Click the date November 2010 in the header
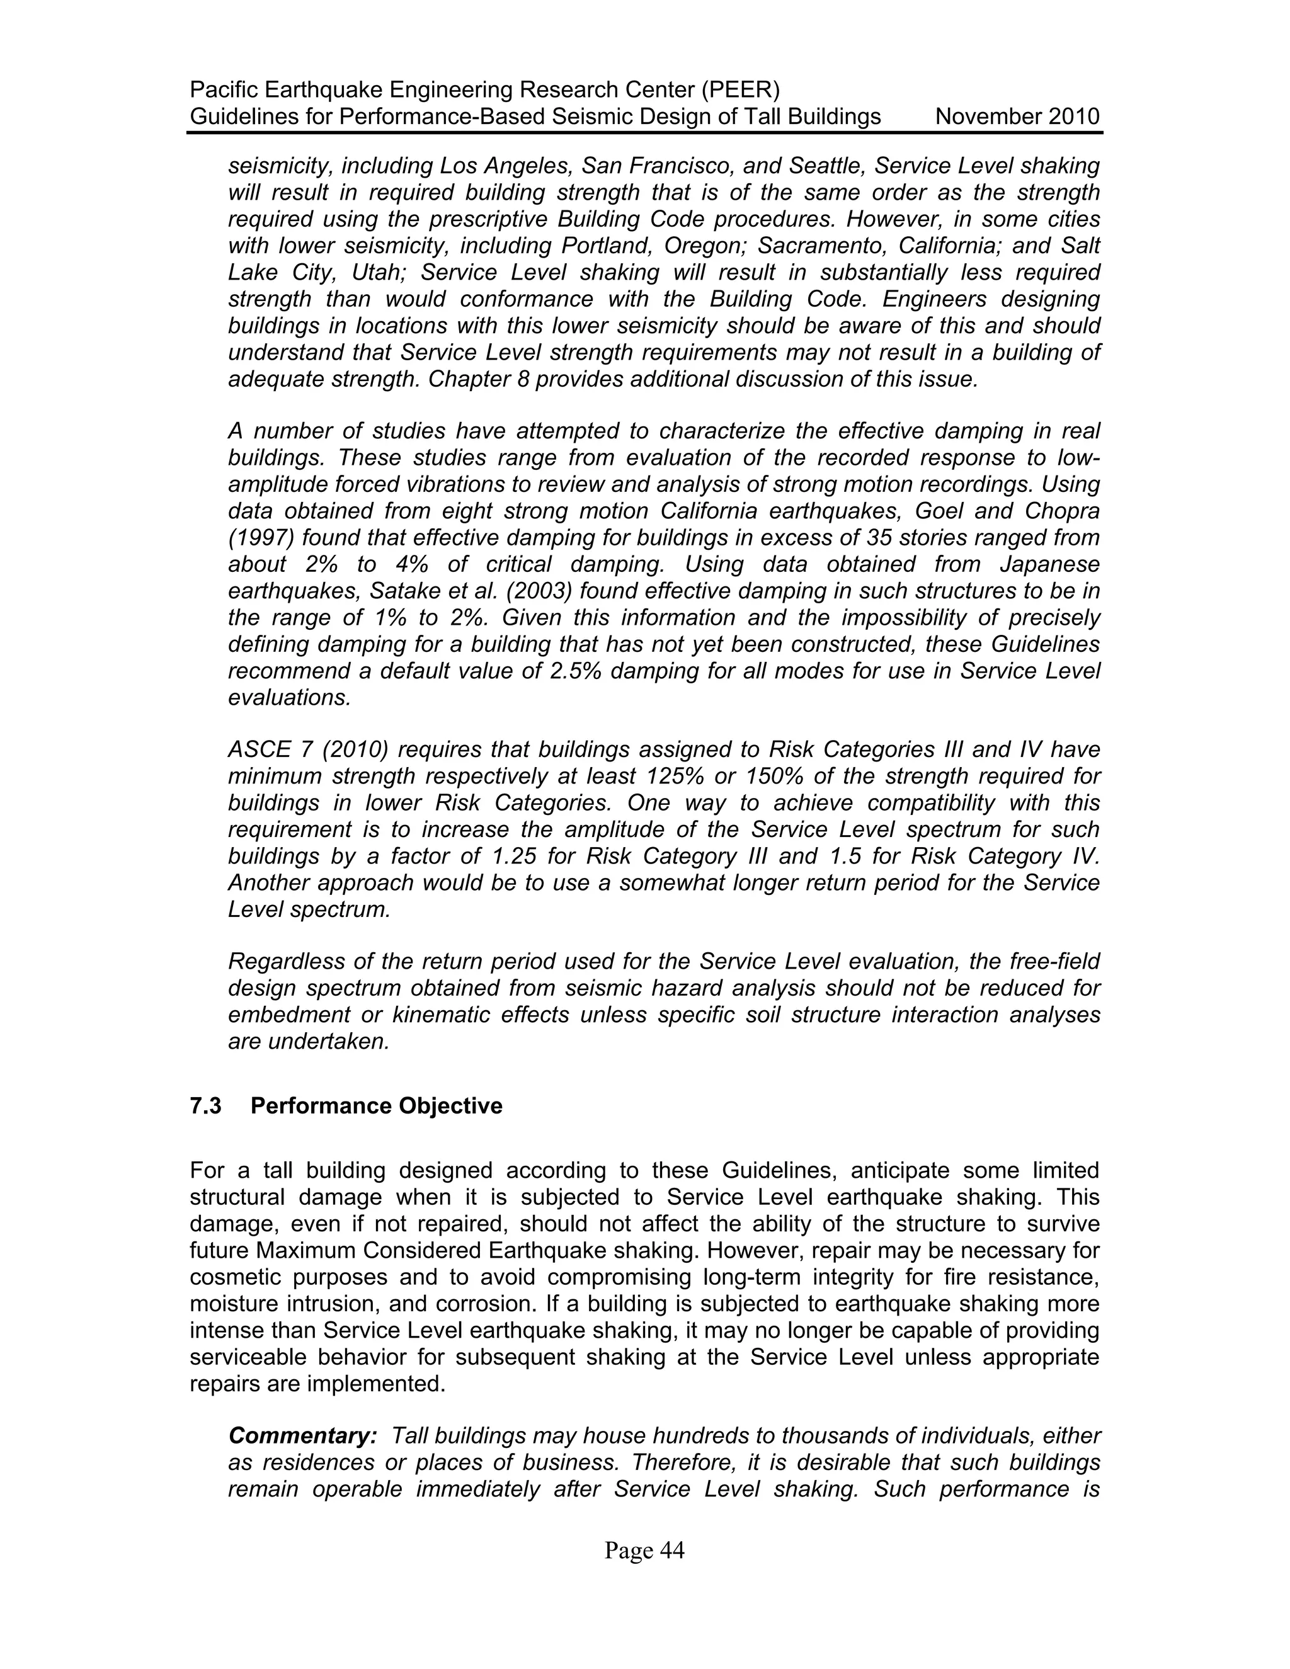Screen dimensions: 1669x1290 tap(1017, 117)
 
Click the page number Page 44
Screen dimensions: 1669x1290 tap(644, 1550)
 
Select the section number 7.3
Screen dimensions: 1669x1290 tap(205, 1106)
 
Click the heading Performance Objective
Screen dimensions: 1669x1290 tap(376, 1106)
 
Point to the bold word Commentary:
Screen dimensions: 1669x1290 tap(302, 1435)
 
